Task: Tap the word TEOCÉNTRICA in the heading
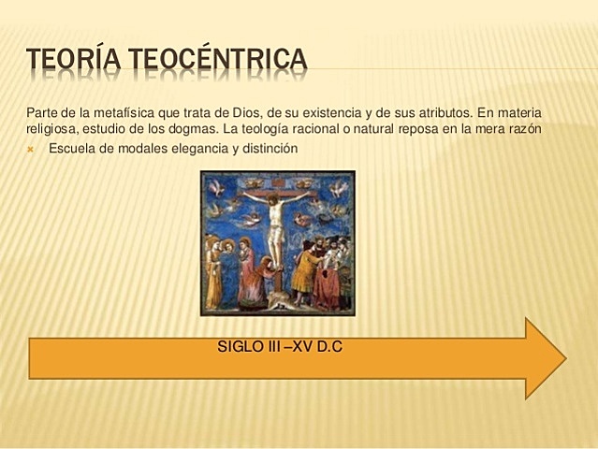[217, 60]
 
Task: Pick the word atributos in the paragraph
[435, 111]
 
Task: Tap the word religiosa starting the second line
[51, 128]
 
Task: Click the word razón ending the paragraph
[522, 128]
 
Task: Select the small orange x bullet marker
[30, 148]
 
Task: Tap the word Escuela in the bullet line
[71, 148]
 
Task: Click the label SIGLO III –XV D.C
[280, 346]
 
